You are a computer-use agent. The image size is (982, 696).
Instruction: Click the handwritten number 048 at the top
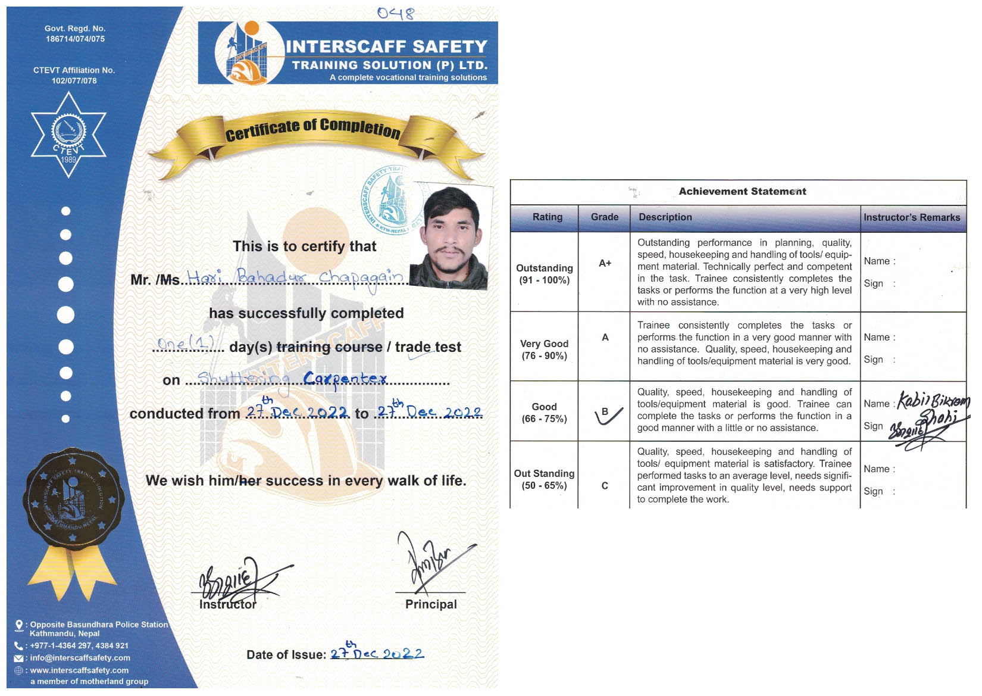(395, 13)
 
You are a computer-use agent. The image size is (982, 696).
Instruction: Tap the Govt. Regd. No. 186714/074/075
(75, 34)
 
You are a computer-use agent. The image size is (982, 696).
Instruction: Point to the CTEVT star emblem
(68, 135)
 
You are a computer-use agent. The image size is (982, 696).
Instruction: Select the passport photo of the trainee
(451, 236)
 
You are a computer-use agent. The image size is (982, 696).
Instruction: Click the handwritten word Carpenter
(345, 379)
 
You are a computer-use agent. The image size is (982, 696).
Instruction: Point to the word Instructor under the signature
(228, 604)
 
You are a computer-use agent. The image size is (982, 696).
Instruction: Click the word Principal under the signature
(431, 604)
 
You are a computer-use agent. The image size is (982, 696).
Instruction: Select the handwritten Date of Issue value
(377, 653)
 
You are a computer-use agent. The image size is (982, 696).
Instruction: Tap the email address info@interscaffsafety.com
(80, 658)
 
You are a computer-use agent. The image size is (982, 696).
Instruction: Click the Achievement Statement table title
(742, 191)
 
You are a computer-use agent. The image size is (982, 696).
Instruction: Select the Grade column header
(604, 217)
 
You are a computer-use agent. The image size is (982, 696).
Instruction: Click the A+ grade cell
(605, 263)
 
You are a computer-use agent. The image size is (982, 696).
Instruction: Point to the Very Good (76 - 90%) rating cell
(544, 349)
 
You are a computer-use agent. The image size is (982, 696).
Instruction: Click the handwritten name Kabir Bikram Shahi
(933, 407)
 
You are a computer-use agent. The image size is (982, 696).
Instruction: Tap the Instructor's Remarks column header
(912, 217)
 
